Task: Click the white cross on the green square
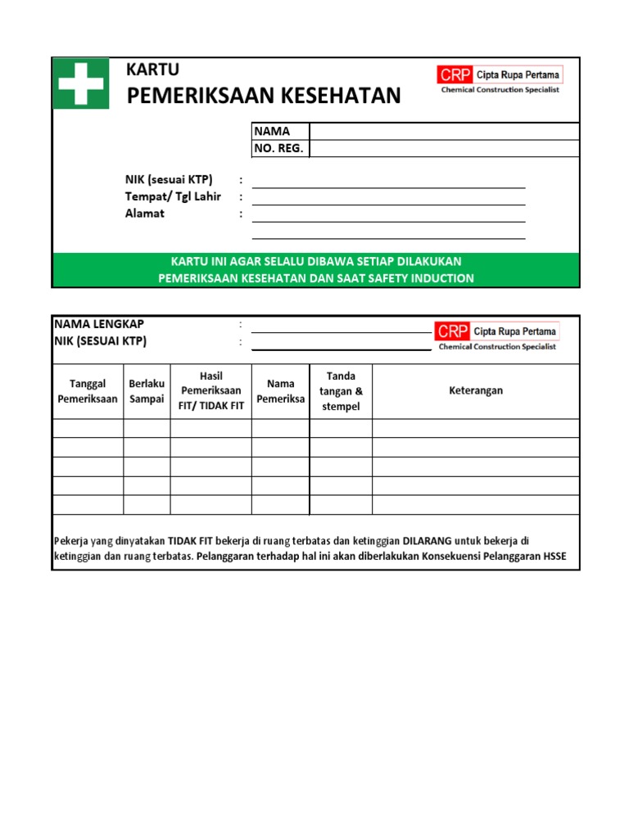pyautogui.click(x=80, y=83)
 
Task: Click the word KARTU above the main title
pyautogui.click(x=152, y=70)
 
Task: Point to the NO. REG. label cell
pyautogui.click(x=278, y=148)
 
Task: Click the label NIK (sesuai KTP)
pyautogui.click(x=169, y=179)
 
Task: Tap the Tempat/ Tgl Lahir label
pyautogui.click(x=173, y=196)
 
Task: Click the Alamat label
pyautogui.click(x=144, y=214)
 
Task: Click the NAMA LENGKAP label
pyautogui.click(x=99, y=324)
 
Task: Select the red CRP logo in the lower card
pyautogui.click(x=452, y=331)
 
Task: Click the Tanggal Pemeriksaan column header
pyautogui.click(x=88, y=391)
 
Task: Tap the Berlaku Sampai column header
pyautogui.click(x=147, y=391)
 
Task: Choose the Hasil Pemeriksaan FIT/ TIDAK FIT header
pyautogui.click(x=210, y=391)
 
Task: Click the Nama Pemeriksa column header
pyautogui.click(x=280, y=391)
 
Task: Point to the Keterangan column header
pyautogui.click(x=476, y=390)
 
